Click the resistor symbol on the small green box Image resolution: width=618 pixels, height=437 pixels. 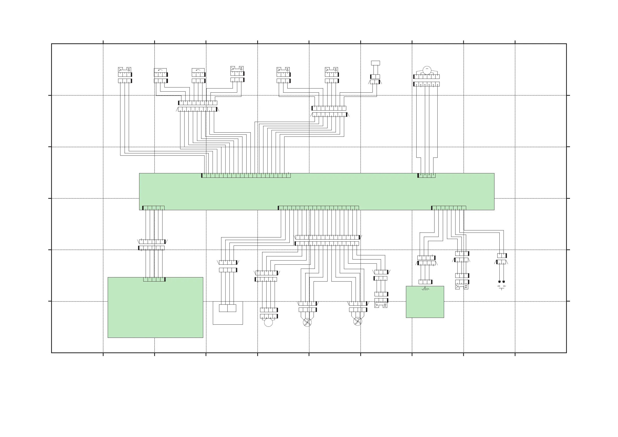point(425,289)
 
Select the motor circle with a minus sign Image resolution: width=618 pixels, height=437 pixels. point(427,70)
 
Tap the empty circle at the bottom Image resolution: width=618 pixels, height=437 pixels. point(268,322)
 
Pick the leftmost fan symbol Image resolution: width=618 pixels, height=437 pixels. point(307,322)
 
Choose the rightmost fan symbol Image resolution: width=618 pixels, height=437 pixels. point(357,321)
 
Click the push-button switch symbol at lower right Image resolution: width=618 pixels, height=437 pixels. point(501,287)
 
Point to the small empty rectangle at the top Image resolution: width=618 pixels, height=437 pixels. point(376,63)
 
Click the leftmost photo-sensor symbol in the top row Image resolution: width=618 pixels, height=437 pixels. point(125,70)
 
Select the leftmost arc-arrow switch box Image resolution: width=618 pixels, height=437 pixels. point(160,71)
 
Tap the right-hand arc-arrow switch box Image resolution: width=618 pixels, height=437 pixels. point(198,71)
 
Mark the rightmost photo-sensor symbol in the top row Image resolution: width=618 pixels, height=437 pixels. point(331,70)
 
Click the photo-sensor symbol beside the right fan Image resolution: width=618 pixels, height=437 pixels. point(381,305)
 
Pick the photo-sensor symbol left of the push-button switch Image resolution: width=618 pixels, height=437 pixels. point(461,287)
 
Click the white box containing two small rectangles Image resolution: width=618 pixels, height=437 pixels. point(228,313)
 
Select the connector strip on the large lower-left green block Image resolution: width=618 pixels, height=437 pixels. point(154,279)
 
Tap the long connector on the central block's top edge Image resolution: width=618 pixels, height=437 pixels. point(246,175)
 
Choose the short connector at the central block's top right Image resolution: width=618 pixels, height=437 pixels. point(426,175)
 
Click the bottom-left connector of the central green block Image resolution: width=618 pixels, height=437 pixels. point(153,208)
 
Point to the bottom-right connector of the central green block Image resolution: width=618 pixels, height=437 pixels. point(449,208)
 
